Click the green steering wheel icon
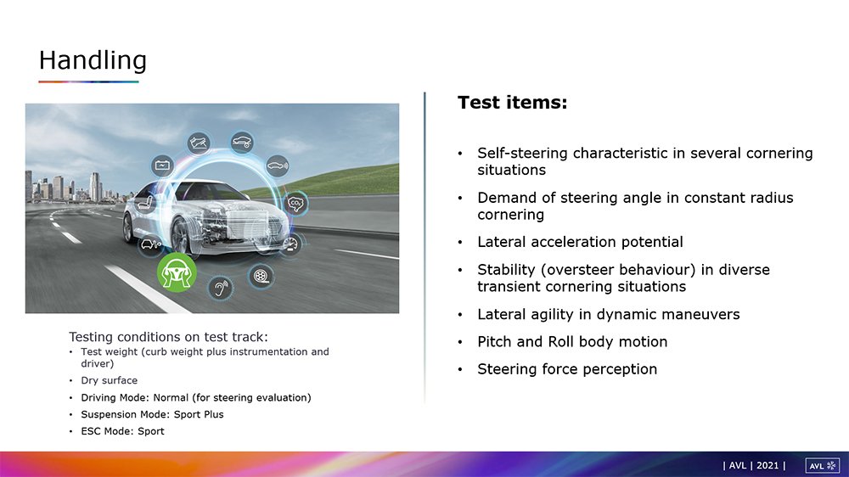[177, 272]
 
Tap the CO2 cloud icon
[295, 204]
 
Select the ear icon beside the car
[221, 288]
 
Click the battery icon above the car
[162, 166]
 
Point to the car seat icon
[145, 204]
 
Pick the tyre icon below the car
[261, 276]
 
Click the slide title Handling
[93, 60]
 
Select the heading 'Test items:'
[512, 103]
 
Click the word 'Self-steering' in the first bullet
[522, 154]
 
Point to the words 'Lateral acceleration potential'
[580, 242]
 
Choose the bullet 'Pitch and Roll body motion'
[572, 342]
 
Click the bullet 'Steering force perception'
[567, 369]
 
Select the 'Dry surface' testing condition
[109, 380]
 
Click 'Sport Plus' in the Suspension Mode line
[198, 414]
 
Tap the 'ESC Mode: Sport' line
[122, 431]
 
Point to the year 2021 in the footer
[767, 465]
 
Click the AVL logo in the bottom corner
[823, 466]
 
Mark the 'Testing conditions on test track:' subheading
[168, 337]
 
